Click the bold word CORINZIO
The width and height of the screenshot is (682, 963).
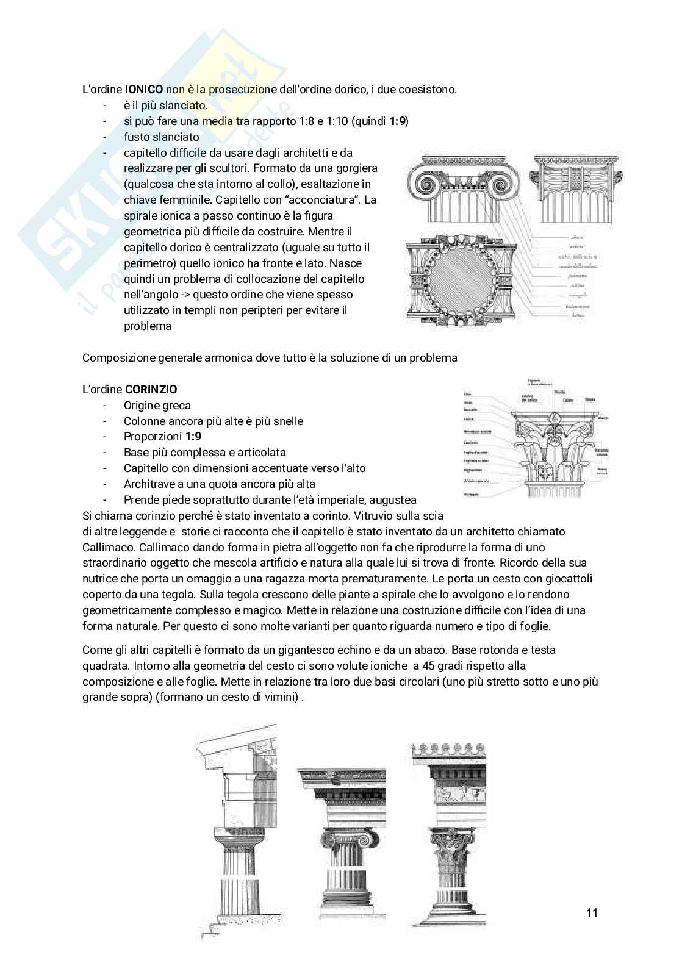(x=151, y=389)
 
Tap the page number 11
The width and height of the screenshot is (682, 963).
(x=591, y=913)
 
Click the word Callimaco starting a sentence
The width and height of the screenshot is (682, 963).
(x=106, y=547)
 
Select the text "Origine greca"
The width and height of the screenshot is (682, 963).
(x=157, y=405)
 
